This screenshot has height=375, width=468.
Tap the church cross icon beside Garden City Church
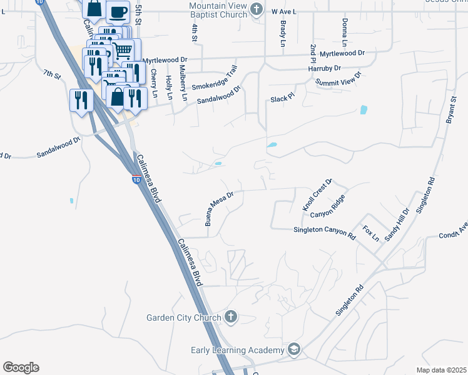coord(231,317)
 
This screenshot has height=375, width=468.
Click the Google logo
coord(21,367)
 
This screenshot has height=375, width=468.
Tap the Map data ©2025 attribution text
coord(441,370)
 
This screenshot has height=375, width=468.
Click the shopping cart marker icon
coord(124,49)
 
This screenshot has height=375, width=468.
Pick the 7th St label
coord(52,76)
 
